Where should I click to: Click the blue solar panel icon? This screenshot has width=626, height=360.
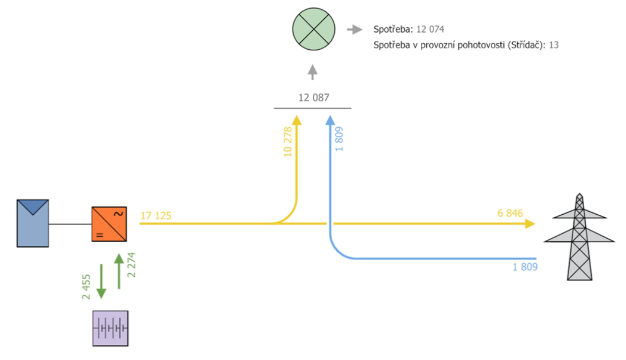(x=33, y=223)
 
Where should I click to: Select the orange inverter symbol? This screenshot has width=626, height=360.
(x=109, y=224)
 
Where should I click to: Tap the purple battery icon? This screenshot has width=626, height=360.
(x=110, y=329)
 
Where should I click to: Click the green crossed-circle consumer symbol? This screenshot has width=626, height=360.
(x=314, y=29)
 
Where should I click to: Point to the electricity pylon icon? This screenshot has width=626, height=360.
(x=580, y=237)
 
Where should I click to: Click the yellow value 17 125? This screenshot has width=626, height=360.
(x=156, y=216)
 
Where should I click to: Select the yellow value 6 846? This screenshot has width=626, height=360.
(x=510, y=213)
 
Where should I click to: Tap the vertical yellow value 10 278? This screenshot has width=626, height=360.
(x=288, y=142)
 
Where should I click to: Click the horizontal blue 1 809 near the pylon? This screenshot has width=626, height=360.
(x=525, y=267)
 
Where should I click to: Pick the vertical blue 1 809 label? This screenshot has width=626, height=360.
(x=338, y=139)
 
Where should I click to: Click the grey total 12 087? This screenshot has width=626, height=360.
(x=314, y=98)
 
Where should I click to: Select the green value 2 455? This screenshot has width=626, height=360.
(x=86, y=287)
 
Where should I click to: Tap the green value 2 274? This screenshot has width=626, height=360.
(x=131, y=265)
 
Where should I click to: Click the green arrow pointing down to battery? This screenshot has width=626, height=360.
(x=101, y=281)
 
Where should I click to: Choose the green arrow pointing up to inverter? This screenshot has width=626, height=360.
(x=119, y=271)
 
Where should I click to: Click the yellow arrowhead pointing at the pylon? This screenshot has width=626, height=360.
(x=530, y=224)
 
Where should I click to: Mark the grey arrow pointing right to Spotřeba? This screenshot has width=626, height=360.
(x=355, y=30)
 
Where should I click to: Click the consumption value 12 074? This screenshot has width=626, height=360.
(x=430, y=29)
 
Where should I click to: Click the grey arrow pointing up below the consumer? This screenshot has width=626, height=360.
(x=313, y=72)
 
